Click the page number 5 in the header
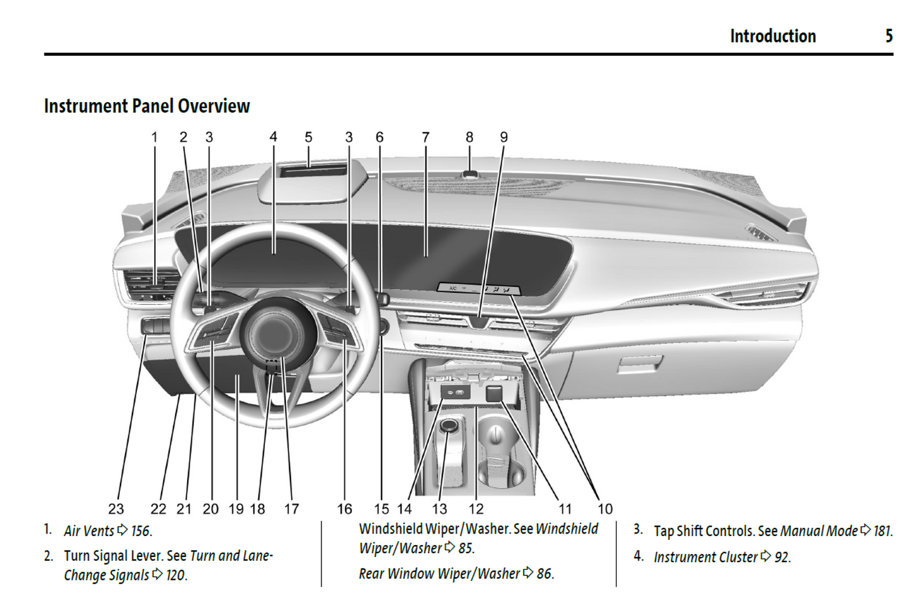click(889, 36)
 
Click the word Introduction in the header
click(773, 36)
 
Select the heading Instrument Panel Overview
click(147, 106)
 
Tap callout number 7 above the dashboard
click(425, 138)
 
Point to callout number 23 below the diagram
click(116, 509)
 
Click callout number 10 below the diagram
click(605, 509)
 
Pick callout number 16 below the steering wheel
click(344, 509)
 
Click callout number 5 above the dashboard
click(308, 138)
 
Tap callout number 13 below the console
click(439, 509)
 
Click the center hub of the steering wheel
click(274, 331)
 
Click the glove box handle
click(640, 364)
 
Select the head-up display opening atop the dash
click(313, 170)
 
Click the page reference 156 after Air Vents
click(141, 531)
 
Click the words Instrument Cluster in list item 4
click(706, 558)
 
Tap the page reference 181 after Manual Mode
click(882, 531)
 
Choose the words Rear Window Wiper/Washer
click(439, 574)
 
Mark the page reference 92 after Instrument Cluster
click(782, 558)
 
